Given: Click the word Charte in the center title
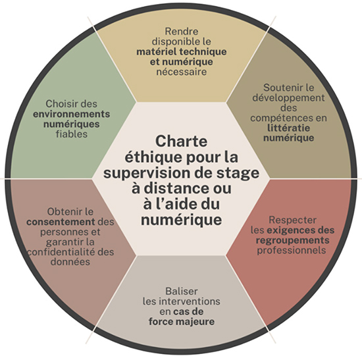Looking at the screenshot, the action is tap(181, 141).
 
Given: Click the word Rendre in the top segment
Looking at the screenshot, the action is tap(182, 31).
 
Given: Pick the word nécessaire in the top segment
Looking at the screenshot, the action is tap(182, 72).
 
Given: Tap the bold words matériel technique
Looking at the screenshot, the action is tap(182, 51).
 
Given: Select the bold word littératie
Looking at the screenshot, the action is tap(288, 128).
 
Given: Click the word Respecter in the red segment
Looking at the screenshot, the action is tap(292, 220).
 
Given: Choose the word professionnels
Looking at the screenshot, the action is tap(292, 250).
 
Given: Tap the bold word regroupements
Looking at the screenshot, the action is tap(292, 240).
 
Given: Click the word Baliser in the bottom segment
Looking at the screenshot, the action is tap(182, 291).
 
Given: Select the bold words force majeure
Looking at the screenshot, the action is tap(182, 321).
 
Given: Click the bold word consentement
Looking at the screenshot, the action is tap(61, 222).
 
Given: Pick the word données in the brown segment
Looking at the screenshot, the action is tap(70, 262).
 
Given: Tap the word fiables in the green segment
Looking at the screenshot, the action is tap(72, 134).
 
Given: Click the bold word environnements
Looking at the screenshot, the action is tap(71, 114).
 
